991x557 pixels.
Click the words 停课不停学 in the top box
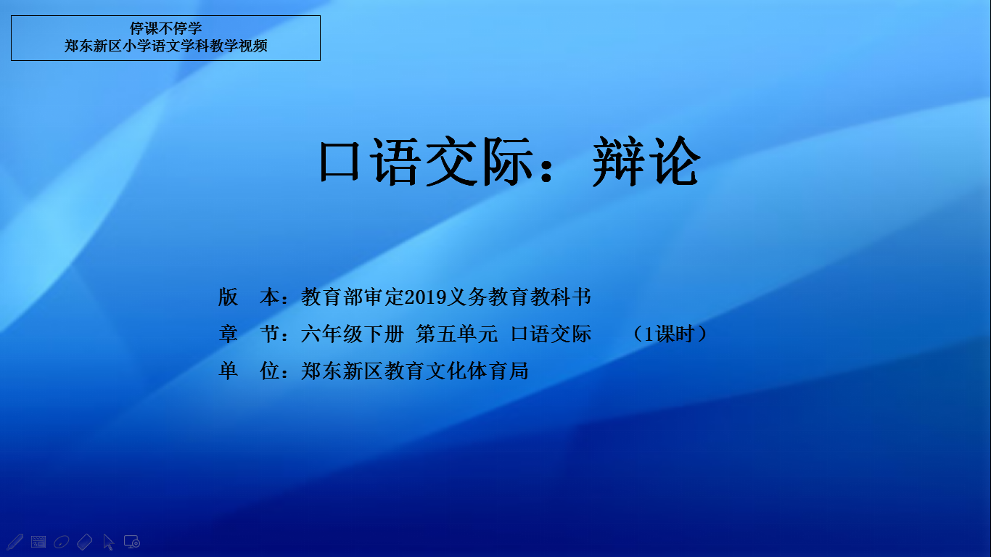(165, 28)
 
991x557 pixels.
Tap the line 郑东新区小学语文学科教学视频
(165, 46)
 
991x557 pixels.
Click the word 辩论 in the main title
(646, 161)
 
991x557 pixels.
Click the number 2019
(425, 297)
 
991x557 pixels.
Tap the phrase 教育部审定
(353, 297)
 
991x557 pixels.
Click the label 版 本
(249, 297)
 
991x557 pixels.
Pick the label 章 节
(249, 334)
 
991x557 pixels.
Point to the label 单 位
(249, 371)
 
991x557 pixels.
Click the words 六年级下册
(352, 334)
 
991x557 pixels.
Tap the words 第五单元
(456, 334)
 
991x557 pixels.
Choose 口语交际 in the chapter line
(551, 334)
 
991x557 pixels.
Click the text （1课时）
(670, 334)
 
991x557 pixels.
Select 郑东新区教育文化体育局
(414, 371)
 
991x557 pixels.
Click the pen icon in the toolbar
(15, 542)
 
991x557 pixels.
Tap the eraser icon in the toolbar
(84, 542)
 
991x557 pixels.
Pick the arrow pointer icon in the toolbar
(108, 542)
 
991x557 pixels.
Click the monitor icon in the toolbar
(132, 542)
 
